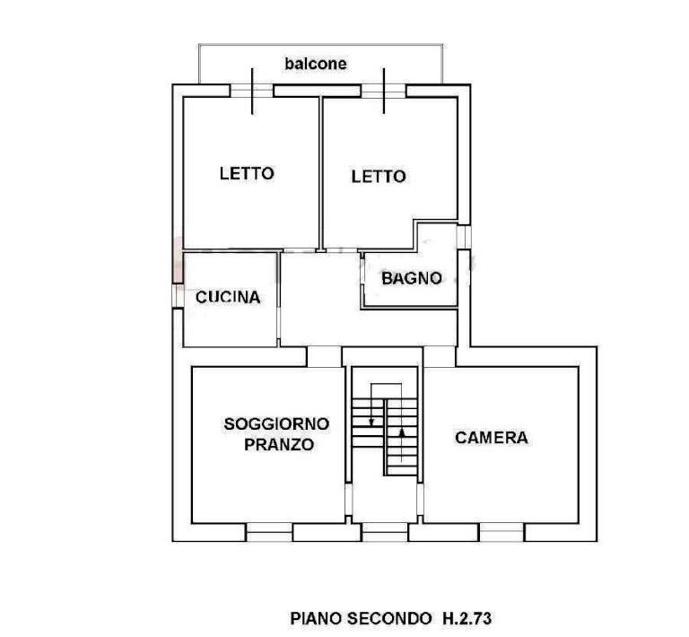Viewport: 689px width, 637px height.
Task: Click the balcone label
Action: tap(316, 64)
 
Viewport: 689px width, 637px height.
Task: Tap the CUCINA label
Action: tap(228, 297)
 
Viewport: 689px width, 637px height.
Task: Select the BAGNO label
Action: tap(411, 278)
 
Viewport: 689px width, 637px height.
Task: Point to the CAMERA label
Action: tap(492, 438)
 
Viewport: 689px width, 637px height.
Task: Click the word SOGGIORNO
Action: tap(276, 424)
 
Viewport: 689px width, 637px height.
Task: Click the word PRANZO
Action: tap(279, 445)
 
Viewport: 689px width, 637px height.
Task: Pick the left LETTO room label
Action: tap(247, 173)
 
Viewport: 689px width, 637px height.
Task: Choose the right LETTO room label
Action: tap(379, 177)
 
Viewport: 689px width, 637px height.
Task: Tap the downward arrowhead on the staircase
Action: tap(371, 423)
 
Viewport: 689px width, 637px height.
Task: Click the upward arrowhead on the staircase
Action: tap(402, 432)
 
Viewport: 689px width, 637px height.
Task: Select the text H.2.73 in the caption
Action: tap(467, 618)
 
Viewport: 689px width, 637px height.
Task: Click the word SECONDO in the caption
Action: tap(389, 618)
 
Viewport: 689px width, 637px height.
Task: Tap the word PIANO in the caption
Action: tap(317, 618)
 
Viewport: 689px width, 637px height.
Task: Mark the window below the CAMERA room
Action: tap(501, 532)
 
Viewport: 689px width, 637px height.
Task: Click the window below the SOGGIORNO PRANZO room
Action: tap(268, 532)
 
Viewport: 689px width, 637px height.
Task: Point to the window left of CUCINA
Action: tap(178, 296)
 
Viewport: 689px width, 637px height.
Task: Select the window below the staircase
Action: tap(385, 532)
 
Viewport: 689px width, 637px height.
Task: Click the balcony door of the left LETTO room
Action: tap(252, 91)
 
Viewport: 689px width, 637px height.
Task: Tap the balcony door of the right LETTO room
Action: tap(384, 91)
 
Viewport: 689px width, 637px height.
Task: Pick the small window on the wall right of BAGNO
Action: tap(464, 237)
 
